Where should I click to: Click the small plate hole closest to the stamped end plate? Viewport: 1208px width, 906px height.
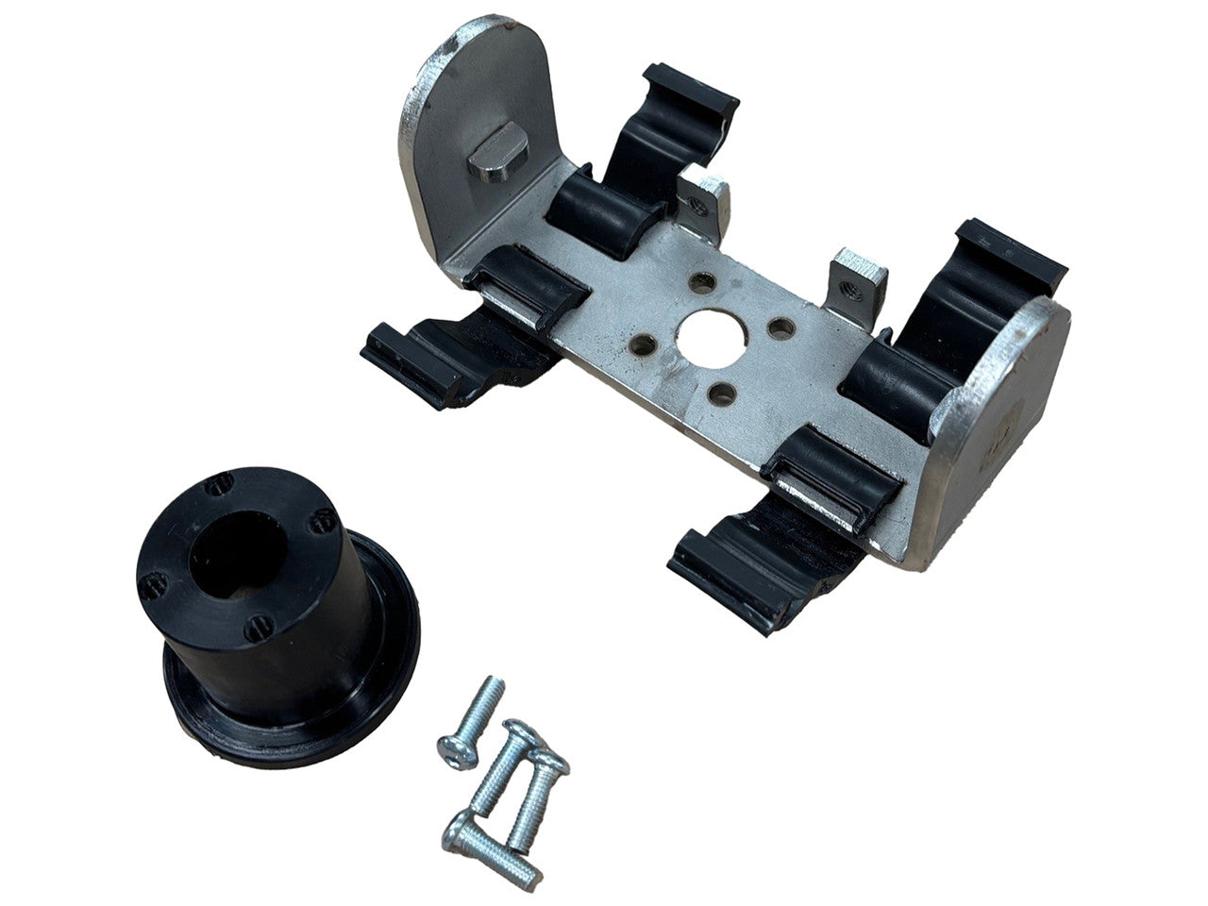pos(780,328)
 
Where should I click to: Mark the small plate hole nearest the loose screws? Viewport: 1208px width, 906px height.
pos(722,390)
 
